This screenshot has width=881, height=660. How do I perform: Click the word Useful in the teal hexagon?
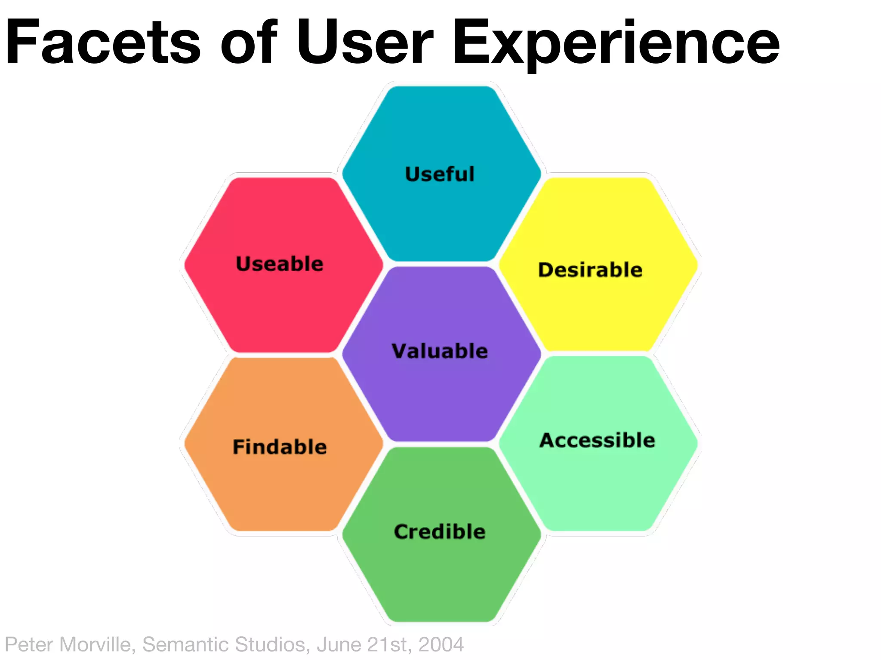point(440,174)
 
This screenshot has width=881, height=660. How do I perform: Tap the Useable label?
point(280,264)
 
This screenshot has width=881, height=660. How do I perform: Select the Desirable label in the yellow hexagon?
point(590,270)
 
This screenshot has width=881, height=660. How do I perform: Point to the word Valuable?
point(440,351)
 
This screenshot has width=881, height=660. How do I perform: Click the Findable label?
point(280,447)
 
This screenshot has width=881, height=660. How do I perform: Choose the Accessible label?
point(598,440)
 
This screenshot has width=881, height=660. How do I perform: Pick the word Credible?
point(440,532)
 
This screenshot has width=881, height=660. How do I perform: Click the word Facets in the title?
point(103,43)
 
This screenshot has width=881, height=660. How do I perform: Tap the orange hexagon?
point(282,486)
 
